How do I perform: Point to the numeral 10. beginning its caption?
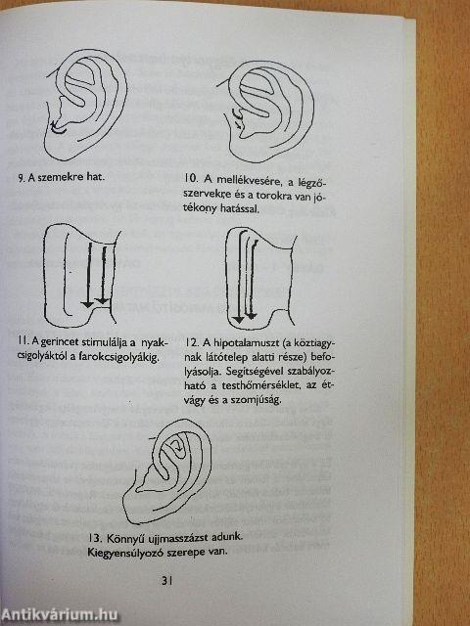point(192,179)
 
